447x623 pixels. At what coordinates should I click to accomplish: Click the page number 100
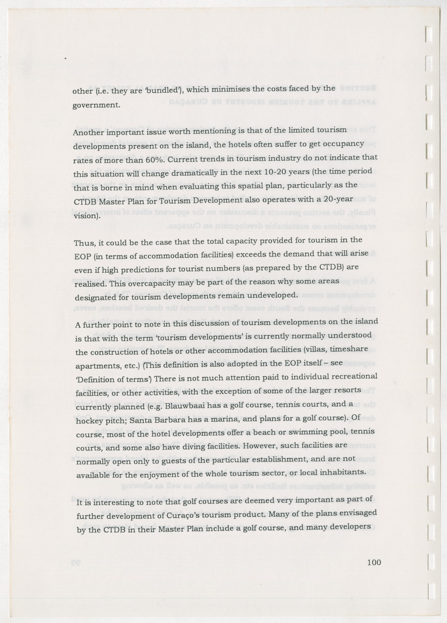(374, 562)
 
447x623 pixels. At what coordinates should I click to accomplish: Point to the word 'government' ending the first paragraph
(96, 105)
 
